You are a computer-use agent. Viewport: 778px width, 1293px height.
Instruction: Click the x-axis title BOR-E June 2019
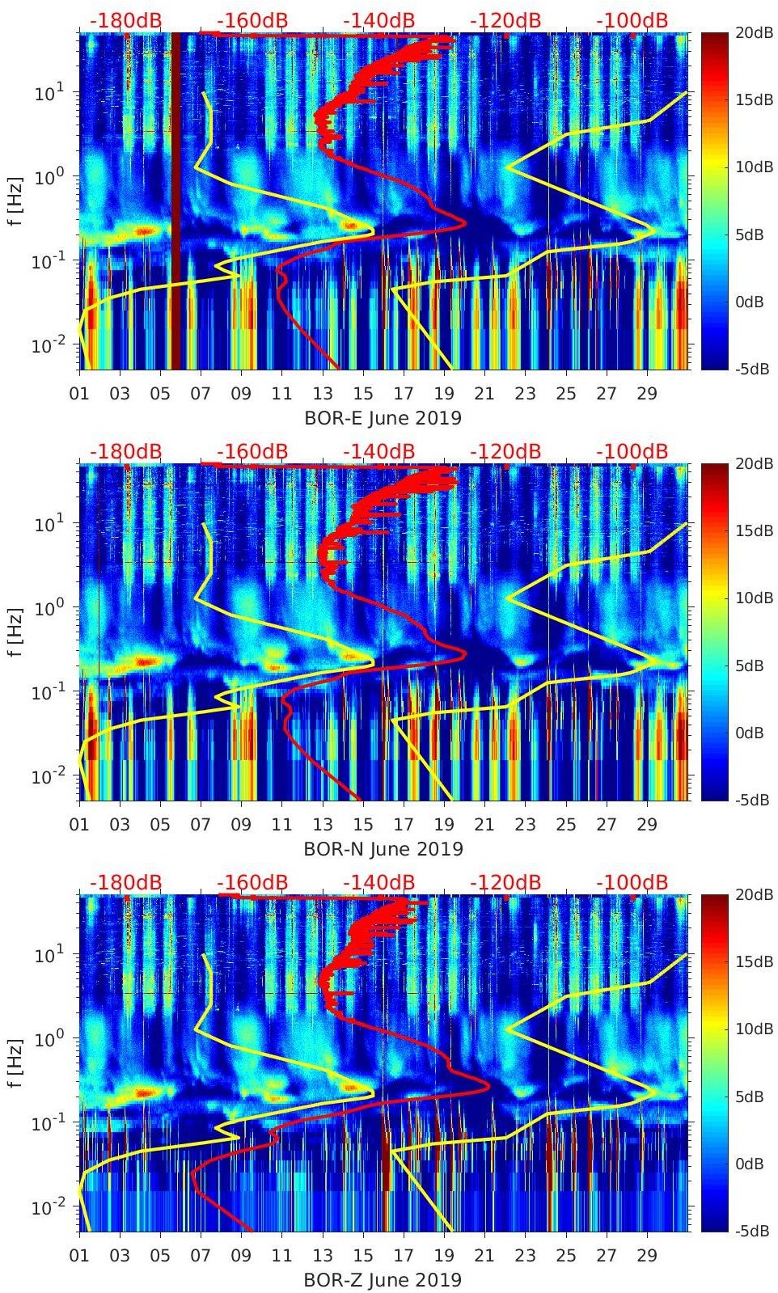pyautogui.click(x=383, y=418)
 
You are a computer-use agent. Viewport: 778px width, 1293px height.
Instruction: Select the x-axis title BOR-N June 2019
pyautogui.click(x=383, y=849)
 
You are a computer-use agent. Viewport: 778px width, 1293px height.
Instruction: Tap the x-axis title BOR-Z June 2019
pyautogui.click(x=383, y=1280)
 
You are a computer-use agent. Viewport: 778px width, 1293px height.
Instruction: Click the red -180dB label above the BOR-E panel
pyautogui.click(x=125, y=20)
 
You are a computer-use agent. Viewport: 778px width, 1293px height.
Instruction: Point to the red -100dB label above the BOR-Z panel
pyautogui.click(x=632, y=882)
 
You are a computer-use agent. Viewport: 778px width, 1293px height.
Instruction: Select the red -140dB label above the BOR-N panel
pyautogui.click(x=378, y=451)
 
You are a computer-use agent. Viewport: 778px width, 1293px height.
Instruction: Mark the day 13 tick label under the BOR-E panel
pyautogui.click(x=323, y=394)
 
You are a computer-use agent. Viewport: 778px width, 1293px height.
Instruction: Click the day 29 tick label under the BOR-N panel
pyautogui.click(x=647, y=825)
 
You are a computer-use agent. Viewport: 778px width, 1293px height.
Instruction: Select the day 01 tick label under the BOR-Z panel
pyautogui.click(x=79, y=1256)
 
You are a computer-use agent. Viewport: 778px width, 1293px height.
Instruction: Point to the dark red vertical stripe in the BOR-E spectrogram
pyautogui.click(x=175, y=202)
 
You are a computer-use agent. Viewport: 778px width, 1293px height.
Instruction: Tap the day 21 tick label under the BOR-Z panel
pyautogui.click(x=484, y=1256)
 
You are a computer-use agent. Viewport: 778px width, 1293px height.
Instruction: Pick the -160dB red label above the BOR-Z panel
pyautogui.click(x=252, y=882)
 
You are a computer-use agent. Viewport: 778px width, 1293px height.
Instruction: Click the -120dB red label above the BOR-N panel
pyautogui.click(x=505, y=451)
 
